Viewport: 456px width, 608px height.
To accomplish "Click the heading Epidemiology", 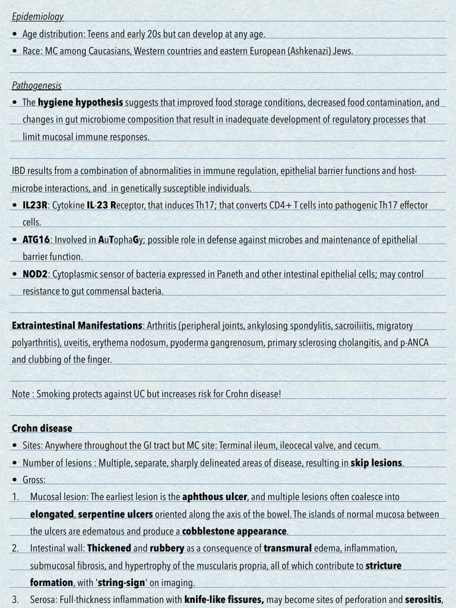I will tap(37, 17).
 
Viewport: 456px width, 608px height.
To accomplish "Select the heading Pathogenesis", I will tap(36, 85).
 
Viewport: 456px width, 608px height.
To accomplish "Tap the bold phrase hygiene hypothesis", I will tap(80, 102).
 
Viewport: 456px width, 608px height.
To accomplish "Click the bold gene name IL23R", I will tap(35, 205).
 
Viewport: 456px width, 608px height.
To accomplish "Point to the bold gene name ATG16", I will tap(36, 240).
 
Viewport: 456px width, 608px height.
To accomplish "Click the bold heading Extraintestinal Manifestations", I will tap(77, 325).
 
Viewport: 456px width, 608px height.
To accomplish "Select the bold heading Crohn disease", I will tap(42, 428).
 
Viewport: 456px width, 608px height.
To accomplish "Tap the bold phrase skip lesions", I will tap(377, 463).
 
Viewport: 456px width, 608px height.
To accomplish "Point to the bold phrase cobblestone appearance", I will tap(235, 531).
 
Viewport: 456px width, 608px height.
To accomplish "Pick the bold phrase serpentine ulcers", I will tap(115, 514).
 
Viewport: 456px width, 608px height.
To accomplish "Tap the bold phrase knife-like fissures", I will tap(224, 599).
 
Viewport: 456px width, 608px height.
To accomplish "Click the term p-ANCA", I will tap(413, 343).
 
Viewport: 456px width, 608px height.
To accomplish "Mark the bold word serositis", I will tap(423, 599).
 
